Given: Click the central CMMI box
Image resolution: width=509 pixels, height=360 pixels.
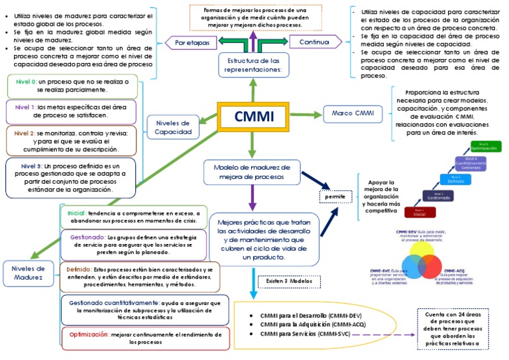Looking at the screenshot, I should (x=253, y=117).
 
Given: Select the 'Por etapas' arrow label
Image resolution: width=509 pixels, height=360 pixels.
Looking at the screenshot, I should (x=192, y=42).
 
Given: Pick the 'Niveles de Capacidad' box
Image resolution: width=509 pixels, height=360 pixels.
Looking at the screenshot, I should (x=172, y=127).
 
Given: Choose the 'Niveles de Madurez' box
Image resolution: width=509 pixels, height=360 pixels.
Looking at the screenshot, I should (x=27, y=273).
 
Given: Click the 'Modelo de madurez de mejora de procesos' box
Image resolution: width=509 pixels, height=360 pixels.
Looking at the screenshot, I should (x=253, y=171).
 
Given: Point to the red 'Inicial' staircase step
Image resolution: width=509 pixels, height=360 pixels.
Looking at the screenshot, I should (x=420, y=212).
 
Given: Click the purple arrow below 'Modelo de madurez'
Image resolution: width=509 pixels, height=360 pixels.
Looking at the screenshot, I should (x=252, y=197).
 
